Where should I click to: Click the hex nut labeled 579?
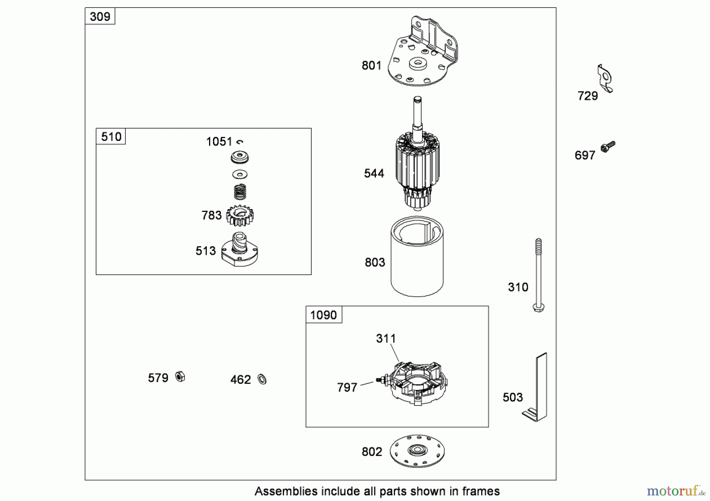coord(180,377)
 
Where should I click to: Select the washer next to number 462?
coord(262,379)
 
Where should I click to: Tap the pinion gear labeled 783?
coord(240,216)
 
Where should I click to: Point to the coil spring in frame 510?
coord(240,192)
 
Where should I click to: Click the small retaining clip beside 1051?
coord(240,142)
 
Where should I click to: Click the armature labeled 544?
coord(417,166)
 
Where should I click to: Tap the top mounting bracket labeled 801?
coord(422,53)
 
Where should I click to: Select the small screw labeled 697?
coord(608,146)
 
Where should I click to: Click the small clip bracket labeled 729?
coord(605,79)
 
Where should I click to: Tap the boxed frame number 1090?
coord(323,315)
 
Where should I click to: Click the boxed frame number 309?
coord(100,17)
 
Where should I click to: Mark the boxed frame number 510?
coord(111,136)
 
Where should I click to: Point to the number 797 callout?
coord(347,387)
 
